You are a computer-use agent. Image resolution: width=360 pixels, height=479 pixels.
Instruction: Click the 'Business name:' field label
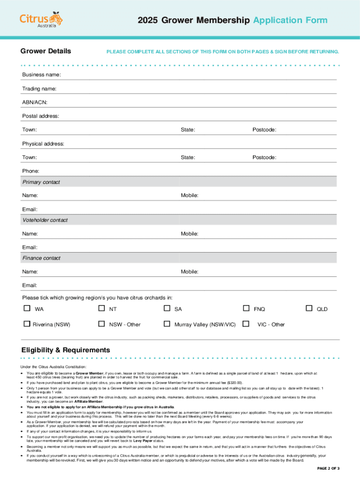tap(41, 75)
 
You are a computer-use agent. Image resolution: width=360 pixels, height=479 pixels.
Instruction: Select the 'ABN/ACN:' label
tap(35, 102)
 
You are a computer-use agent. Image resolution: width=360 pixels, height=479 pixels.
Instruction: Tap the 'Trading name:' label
tap(39, 88)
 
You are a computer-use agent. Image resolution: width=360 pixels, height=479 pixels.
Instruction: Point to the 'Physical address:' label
tap(43, 144)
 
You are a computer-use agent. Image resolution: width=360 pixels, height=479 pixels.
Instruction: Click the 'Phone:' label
tap(31, 171)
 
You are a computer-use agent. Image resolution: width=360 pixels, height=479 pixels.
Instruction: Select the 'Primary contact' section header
tap(41, 182)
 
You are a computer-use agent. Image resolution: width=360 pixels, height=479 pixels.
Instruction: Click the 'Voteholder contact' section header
tap(45, 220)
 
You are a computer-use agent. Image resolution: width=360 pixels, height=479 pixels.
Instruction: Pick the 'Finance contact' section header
tap(42, 258)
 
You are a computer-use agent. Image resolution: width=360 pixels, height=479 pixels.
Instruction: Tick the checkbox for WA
tap(27, 308)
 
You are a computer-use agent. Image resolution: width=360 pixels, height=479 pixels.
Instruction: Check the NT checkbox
tap(101, 308)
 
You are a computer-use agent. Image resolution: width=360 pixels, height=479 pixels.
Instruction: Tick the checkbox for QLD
tap(309, 308)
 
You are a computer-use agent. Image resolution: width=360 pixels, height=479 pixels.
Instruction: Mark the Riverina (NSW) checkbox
tap(27, 324)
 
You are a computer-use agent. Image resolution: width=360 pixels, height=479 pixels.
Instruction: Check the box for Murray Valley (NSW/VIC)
tap(167, 324)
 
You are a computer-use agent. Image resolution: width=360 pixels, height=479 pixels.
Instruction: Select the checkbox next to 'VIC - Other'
tap(246, 324)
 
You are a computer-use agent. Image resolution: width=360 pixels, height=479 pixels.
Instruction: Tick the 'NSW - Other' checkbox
tap(101, 324)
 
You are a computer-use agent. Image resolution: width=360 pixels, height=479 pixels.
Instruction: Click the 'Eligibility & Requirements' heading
tap(66, 350)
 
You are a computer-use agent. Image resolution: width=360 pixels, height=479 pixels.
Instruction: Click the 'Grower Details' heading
tap(46, 51)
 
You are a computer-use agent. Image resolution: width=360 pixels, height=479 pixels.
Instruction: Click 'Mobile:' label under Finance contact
tap(190, 271)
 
